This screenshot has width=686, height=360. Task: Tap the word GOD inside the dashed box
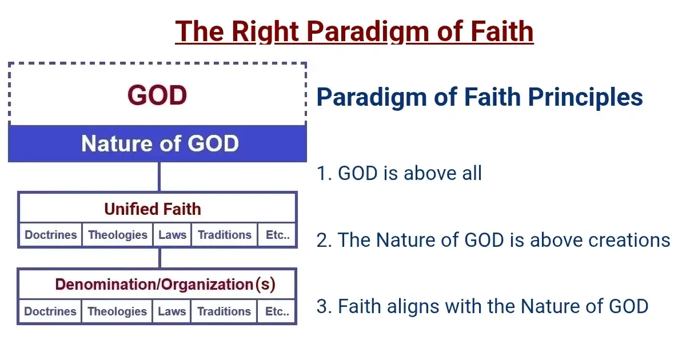coord(157,95)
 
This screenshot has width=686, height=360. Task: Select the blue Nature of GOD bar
coord(157,143)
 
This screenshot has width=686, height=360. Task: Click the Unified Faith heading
coord(153,209)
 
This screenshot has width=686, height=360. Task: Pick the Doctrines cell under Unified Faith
coord(50,235)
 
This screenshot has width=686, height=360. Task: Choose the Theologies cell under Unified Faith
coord(118,235)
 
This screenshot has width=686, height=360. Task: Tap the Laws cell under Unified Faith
coord(172,235)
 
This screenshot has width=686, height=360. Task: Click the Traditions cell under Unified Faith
coord(225,235)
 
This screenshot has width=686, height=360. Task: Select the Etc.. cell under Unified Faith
coord(277,235)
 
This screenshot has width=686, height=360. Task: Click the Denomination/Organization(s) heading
coord(165,285)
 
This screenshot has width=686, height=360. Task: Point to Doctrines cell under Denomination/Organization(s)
coord(50,311)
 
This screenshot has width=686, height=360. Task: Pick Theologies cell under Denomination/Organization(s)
coord(117,311)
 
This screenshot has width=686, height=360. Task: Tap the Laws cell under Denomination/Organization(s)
coord(171,311)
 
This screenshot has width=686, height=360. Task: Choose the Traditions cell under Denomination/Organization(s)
coord(224,311)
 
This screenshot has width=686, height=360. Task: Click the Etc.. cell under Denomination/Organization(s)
coord(277,311)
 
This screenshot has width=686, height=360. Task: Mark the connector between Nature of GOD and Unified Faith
coord(159,177)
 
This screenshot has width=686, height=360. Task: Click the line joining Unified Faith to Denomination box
coord(159,258)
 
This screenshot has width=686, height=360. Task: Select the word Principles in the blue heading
coord(585,97)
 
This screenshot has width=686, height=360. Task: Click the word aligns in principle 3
coord(413,306)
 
